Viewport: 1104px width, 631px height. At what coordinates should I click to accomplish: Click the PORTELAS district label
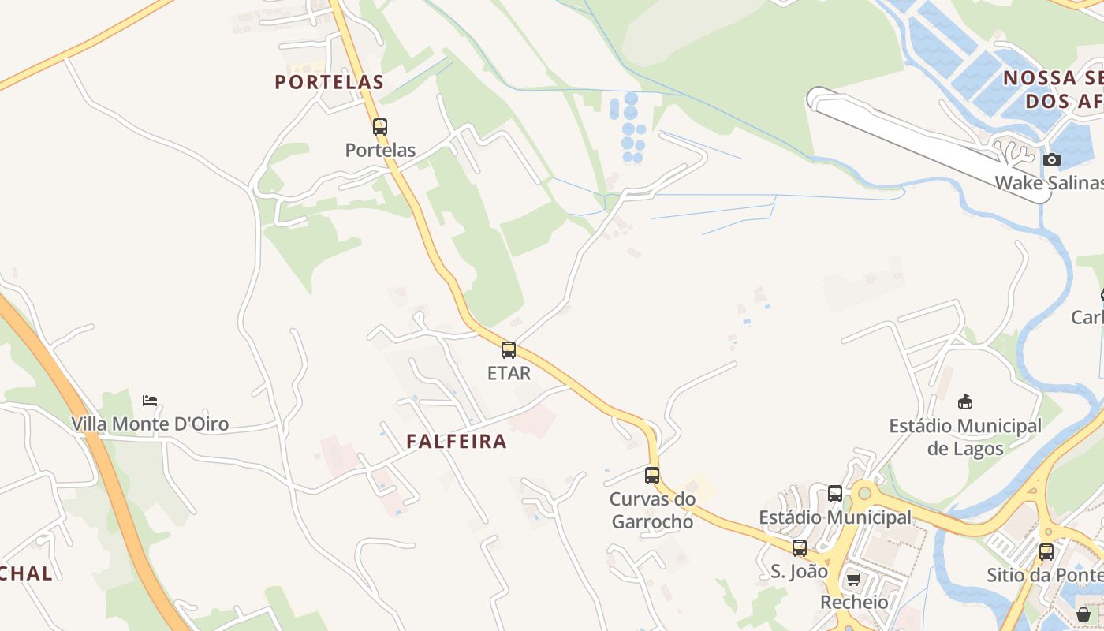point(329,82)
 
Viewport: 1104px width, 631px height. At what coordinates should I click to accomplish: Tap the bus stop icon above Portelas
point(380,126)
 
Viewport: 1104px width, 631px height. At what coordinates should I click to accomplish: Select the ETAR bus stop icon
point(509,350)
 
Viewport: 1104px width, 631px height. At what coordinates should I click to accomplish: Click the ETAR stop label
point(509,373)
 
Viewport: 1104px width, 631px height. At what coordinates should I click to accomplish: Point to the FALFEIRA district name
point(457,442)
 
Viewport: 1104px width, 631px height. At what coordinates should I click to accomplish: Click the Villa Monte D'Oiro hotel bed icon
point(150,401)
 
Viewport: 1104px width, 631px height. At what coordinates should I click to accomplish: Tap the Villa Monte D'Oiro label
point(150,424)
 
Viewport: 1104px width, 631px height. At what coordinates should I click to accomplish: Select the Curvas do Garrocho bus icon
point(652,476)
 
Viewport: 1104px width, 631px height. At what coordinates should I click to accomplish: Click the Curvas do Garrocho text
point(653,510)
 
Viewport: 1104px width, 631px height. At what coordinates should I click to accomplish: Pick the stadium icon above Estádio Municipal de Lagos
point(964,402)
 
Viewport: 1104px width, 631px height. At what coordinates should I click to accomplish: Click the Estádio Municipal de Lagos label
point(965,437)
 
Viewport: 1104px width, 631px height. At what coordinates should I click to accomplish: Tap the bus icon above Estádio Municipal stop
point(835,494)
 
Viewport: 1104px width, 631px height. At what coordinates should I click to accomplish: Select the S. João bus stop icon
point(800,548)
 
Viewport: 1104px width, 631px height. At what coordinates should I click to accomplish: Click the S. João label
point(800,571)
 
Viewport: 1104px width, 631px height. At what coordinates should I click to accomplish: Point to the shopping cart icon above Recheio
point(853,581)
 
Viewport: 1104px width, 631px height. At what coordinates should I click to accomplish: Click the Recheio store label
point(854,603)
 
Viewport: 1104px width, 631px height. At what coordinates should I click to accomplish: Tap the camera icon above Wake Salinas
point(1051,160)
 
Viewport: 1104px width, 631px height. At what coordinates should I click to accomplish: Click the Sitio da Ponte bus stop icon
point(1046,552)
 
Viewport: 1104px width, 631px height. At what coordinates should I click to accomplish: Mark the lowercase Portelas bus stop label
point(380,150)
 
